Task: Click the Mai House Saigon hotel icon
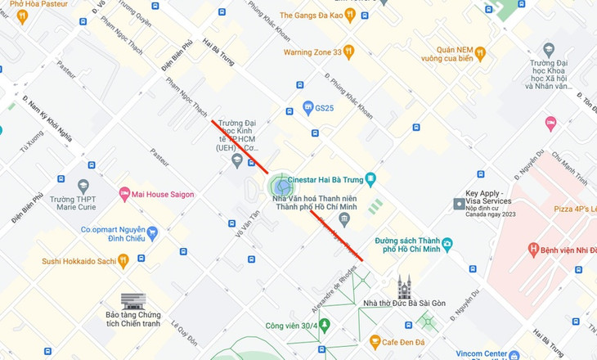click(x=124, y=194)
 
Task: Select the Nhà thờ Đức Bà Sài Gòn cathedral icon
click(x=403, y=287)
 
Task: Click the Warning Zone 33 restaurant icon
click(x=349, y=52)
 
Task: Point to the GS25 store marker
click(x=307, y=107)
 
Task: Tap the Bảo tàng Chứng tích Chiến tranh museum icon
click(x=132, y=303)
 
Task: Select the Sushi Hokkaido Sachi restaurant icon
click(x=123, y=261)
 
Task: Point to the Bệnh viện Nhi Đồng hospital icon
click(x=533, y=248)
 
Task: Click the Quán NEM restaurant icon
click(x=480, y=53)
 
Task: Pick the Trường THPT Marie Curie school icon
click(x=83, y=187)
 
